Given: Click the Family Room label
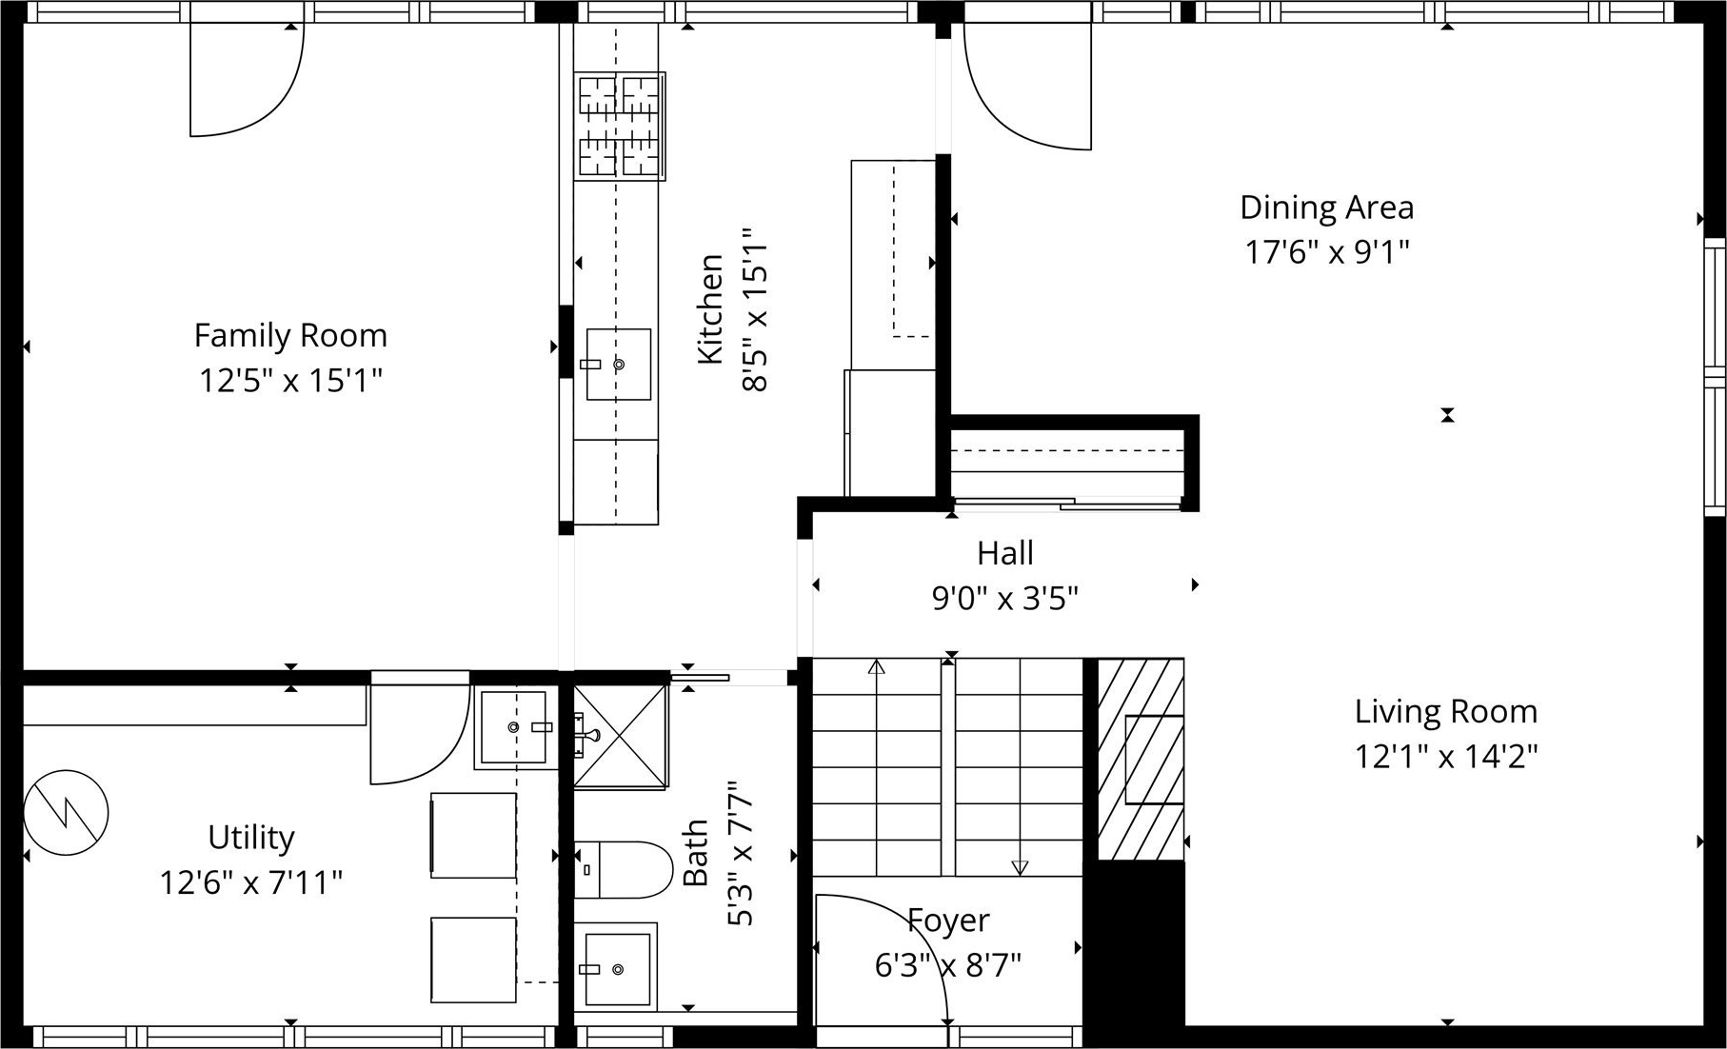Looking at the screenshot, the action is click(290, 336).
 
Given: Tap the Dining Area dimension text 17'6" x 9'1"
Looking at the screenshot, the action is click(1326, 252).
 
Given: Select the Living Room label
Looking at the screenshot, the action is click(1445, 712).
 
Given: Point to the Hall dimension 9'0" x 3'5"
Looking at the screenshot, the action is click(1004, 599).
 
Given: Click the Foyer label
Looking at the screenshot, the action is click(948, 920).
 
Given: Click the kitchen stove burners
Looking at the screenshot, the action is click(620, 126).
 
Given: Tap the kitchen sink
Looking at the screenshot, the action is click(618, 365).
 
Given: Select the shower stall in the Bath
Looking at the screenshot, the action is click(621, 736).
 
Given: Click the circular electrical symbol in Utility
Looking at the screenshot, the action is click(66, 812).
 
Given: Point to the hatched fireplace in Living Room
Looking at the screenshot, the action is click(1141, 760).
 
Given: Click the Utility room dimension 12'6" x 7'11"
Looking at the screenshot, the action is click(250, 883).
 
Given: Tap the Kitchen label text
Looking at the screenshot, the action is click(710, 308).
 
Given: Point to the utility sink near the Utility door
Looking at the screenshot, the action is click(514, 727).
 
